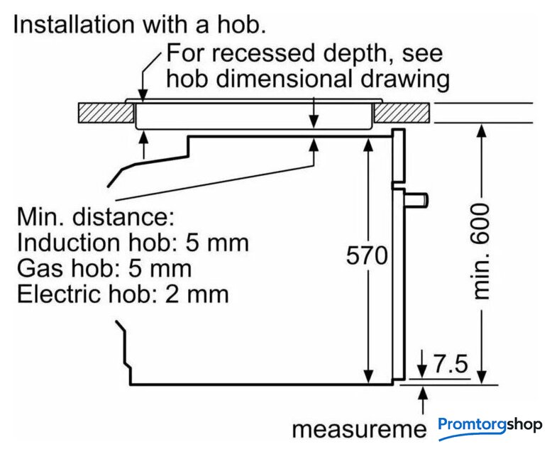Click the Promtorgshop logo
[x=490, y=426]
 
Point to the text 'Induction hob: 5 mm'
[x=133, y=243]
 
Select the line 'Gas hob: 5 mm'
[x=104, y=268]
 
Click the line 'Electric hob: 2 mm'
[x=123, y=293]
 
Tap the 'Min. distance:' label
[x=95, y=216]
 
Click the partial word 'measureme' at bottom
[x=360, y=430]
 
